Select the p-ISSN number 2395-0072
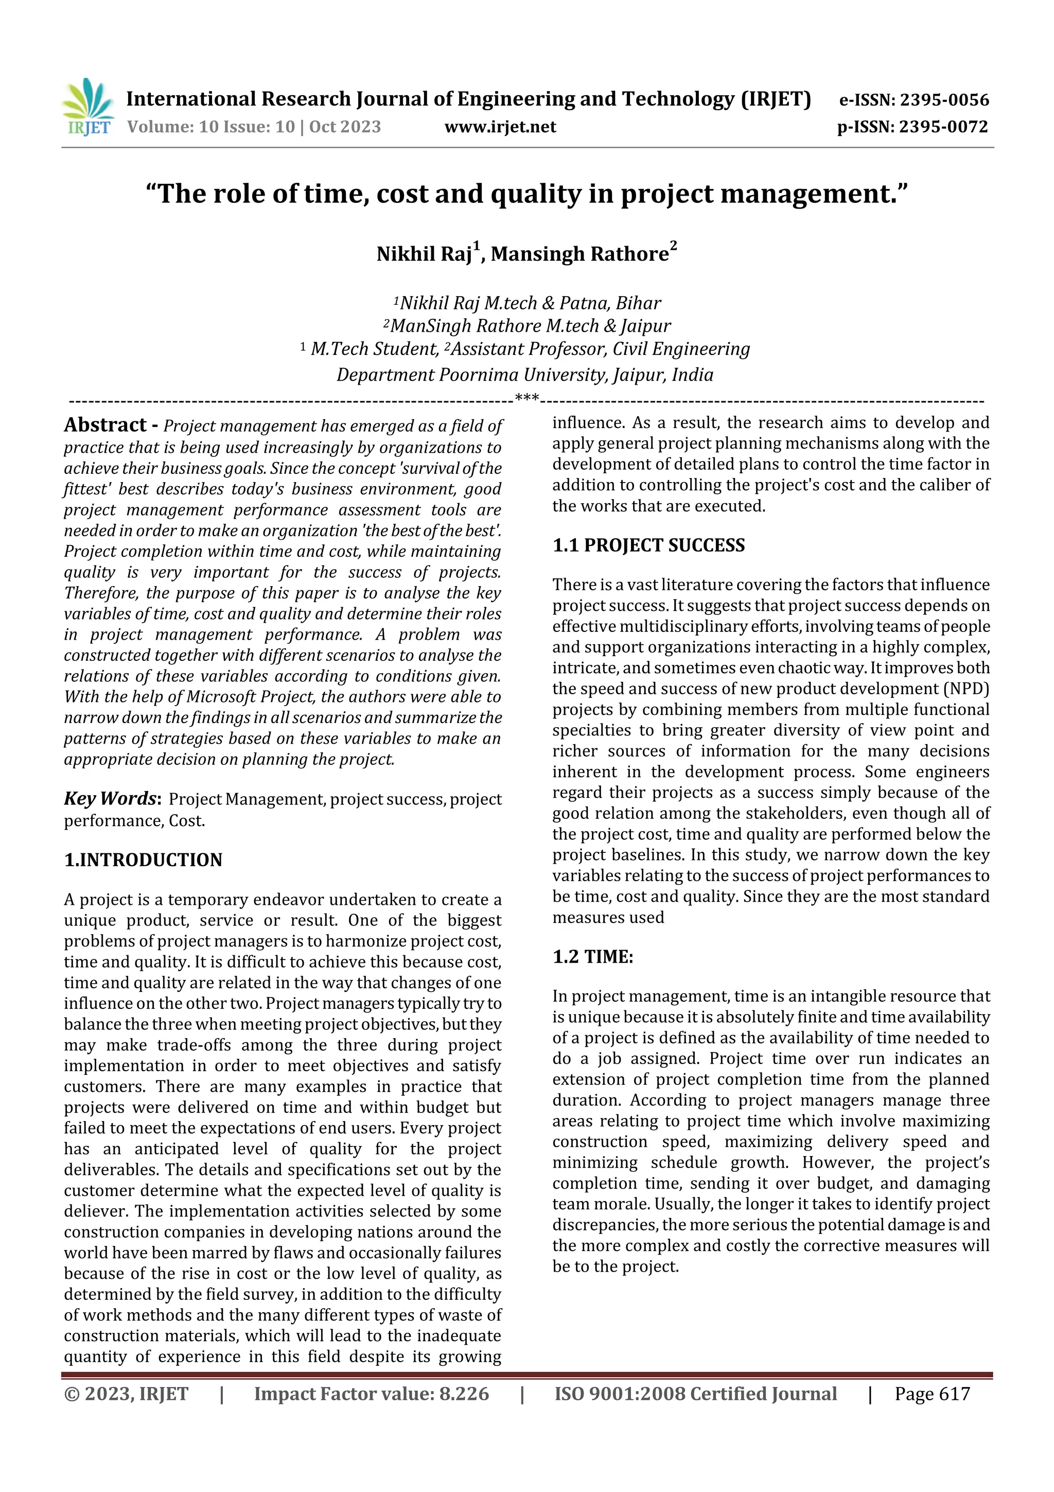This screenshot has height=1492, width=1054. tap(943, 127)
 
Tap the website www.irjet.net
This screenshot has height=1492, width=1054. tap(500, 127)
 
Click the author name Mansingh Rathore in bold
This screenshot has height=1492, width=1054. tap(579, 254)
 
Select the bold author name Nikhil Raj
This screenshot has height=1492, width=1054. tap(424, 254)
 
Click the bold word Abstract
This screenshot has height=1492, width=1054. tap(105, 425)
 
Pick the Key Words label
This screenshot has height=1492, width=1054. tap(111, 799)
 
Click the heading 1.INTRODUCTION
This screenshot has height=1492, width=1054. tap(143, 860)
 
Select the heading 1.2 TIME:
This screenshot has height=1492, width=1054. tap(592, 956)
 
